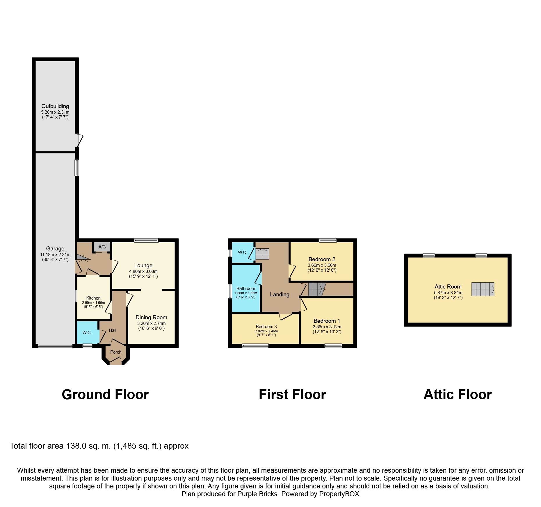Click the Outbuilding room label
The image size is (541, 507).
click(x=55, y=106)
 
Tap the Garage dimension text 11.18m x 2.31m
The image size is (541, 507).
click(x=55, y=254)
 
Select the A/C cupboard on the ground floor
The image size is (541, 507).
click(x=102, y=247)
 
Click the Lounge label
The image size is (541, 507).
click(x=143, y=265)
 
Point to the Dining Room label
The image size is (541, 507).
click(x=151, y=317)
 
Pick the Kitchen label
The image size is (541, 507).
click(x=93, y=298)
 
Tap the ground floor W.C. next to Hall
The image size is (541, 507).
click(x=87, y=332)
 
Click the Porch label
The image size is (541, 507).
click(x=116, y=352)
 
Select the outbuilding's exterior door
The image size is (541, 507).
click(x=80, y=140)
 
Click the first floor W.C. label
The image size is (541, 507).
click(x=242, y=252)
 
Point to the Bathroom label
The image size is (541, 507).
click(x=245, y=288)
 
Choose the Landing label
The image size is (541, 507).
click(x=280, y=294)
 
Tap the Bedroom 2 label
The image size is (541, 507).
click(x=322, y=259)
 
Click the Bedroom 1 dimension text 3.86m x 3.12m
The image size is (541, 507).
click(x=327, y=327)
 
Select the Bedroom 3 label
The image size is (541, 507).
click(x=266, y=326)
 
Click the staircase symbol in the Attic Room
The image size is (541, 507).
click(x=483, y=289)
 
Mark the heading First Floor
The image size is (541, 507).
click(x=292, y=395)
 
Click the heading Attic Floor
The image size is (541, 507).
click(x=458, y=395)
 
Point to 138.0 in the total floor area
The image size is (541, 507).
click(x=76, y=446)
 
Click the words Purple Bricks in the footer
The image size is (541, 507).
click(x=257, y=494)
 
